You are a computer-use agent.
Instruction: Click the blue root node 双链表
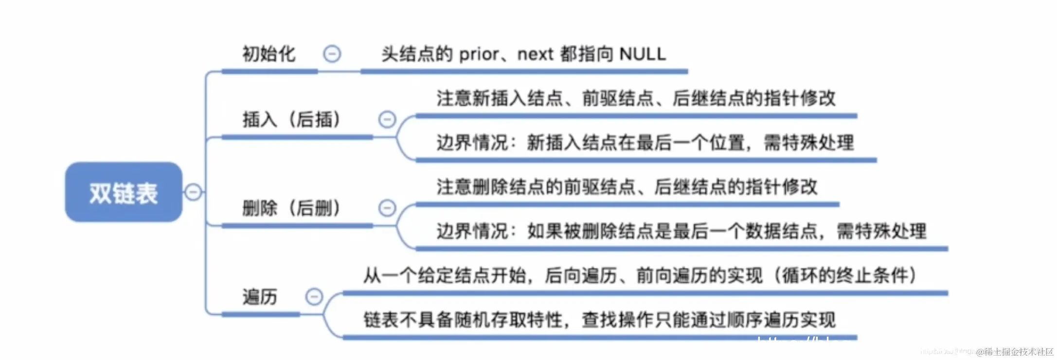coord(124,193)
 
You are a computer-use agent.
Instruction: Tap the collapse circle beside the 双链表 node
coord(193,192)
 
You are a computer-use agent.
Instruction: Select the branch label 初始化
coord(269,54)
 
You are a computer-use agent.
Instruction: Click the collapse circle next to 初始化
coord(332,54)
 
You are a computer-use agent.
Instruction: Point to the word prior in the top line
coord(479,54)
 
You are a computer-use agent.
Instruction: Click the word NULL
coord(643,54)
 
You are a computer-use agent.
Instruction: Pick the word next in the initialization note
coord(535,54)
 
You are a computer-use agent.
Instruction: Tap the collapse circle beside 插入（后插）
coord(387,119)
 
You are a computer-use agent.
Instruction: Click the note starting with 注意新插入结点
coord(636,98)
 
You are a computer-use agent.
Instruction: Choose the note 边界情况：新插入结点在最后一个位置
coord(645,143)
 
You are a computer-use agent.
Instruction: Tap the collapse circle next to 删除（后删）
coord(387,208)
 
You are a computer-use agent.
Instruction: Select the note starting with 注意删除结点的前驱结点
coord(627,187)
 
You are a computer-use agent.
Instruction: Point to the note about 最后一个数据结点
coord(681,231)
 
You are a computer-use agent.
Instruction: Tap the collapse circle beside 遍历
coord(314,296)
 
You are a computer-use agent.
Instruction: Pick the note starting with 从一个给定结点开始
coord(640,275)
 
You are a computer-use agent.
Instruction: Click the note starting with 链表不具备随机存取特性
coord(599,320)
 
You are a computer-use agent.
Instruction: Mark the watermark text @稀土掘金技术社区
coord(1015,352)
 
